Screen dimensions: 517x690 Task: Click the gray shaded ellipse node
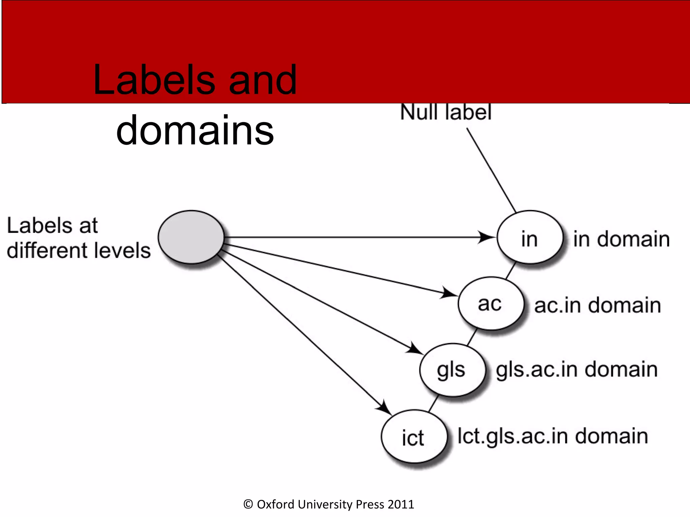click(191, 237)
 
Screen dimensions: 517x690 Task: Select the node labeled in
click(530, 238)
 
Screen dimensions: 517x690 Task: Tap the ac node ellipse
click(491, 304)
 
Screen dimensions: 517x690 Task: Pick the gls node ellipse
click(452, 370)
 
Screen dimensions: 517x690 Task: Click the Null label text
click(446, 112)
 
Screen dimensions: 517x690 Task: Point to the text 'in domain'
click(621, 239)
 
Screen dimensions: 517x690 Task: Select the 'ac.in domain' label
click(597, 305)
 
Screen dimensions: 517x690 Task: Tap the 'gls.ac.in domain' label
click(576, 370)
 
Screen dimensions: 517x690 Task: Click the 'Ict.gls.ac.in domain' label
click(553, 436)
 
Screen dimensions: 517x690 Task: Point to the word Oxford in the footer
click(276, 504)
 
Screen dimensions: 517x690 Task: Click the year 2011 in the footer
click(401, 504)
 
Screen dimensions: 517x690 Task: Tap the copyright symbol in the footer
click(248, 504)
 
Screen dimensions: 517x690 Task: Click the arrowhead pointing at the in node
click(486, 237)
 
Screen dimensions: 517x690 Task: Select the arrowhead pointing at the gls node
click(414, 349)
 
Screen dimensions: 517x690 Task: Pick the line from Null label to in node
click(491, 170)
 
